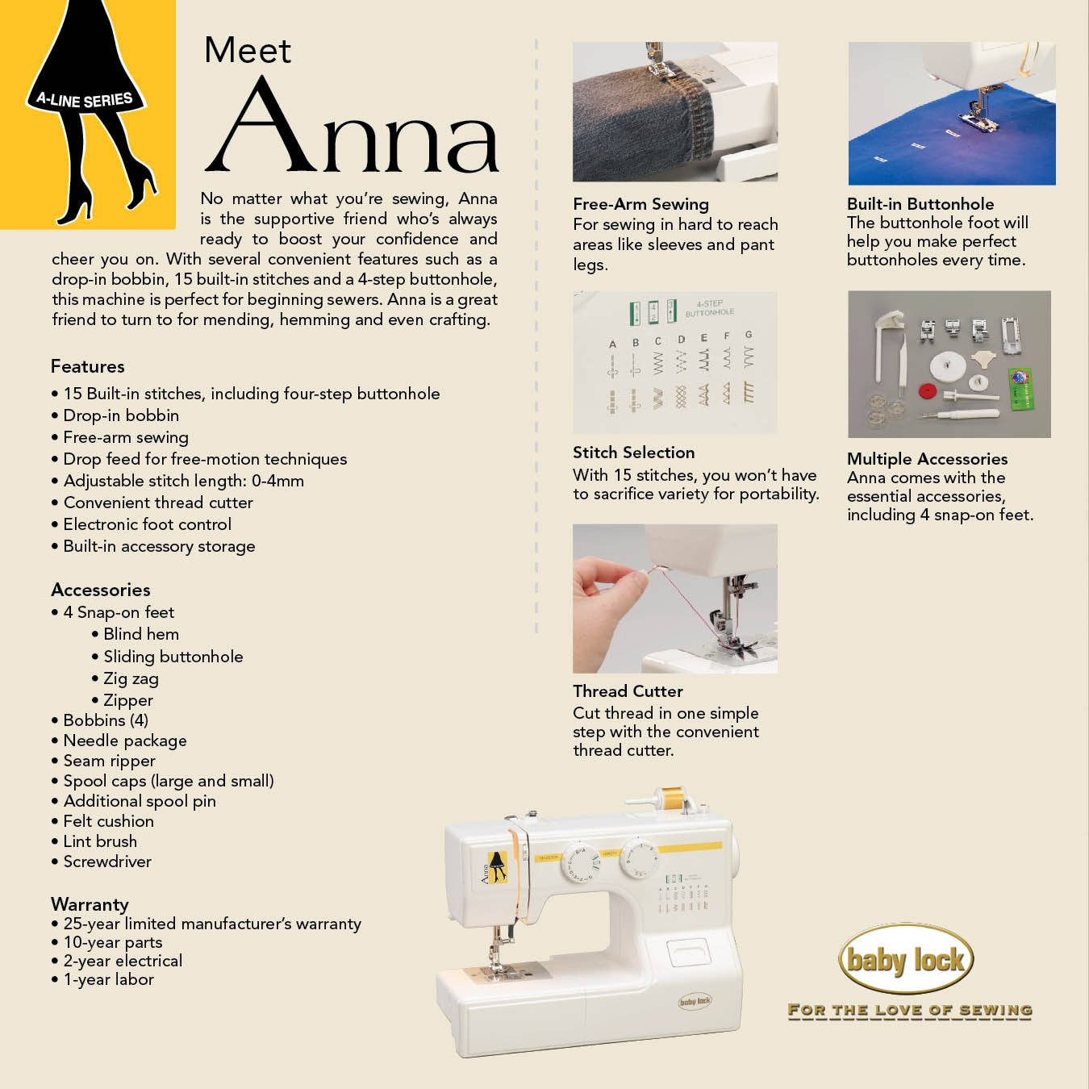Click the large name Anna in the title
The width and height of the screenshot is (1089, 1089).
(x=352, y=129)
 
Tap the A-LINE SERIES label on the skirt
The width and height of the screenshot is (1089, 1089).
(x=85, y=100)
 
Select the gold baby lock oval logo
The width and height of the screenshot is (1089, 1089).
(x=906, y=959)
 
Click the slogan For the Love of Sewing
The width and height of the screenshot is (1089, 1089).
(x=909, y=1010)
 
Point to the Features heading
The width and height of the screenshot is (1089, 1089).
(x=87, y=366)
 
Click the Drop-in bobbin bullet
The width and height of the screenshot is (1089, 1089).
(x=121, y=415)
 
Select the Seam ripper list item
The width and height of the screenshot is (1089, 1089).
(x=109, y=761)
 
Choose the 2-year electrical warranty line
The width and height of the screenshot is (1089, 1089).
(x=123, y=961)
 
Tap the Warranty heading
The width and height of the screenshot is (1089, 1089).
(x=90, y=904)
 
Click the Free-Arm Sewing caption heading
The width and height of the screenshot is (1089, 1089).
(x=640, y=204)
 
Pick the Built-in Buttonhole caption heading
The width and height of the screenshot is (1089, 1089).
(x=920, y=204)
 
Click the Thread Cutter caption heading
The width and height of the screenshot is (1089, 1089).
(x=628, y=691)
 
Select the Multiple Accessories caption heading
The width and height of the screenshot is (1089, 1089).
(x=927, y=459)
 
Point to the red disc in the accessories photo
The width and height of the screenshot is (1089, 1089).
(x=928, y=391)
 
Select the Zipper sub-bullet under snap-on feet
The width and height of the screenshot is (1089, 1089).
(x=127, y=700)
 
